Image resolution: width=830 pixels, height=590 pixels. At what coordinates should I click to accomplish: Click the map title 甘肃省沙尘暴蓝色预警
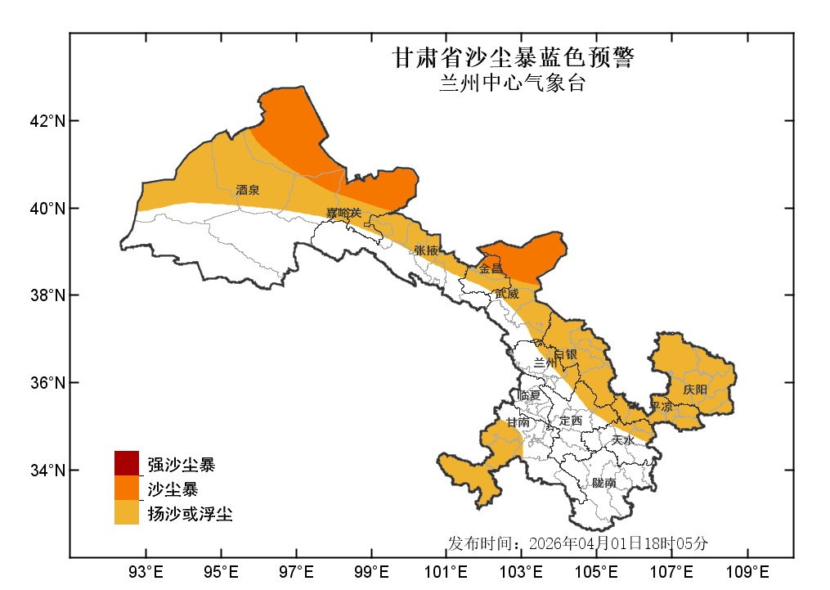point(513,58)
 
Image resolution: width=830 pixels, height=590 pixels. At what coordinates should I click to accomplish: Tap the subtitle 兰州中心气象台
point(513,83)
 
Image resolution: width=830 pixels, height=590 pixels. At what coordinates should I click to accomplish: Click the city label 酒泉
point(248,190)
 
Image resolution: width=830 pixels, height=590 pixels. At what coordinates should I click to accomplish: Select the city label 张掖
point(426,250)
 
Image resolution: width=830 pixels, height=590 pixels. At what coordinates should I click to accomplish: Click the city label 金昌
point(491,268)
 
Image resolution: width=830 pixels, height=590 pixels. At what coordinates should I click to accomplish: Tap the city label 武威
point(507,293)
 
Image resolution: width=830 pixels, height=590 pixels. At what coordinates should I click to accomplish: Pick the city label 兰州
point(545,363)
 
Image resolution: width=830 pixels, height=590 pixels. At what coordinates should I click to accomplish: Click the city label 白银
point(566,355)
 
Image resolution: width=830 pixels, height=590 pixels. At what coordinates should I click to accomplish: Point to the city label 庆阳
point(695,390)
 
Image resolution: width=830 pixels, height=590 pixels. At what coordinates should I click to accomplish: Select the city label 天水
point(623,440)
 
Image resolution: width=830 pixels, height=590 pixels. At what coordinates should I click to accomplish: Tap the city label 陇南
point(604,484)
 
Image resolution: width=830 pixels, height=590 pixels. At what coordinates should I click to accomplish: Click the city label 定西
point(570,421)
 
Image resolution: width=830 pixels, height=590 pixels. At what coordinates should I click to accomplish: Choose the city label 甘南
point(518,423)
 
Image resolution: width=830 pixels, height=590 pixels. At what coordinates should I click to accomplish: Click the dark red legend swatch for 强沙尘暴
point(127,463)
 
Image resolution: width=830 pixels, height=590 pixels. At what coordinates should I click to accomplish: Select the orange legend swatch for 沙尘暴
point(127,489)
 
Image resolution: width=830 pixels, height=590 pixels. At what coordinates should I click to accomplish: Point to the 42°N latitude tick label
point(47,121)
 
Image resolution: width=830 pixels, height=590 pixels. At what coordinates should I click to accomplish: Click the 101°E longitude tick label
point(447,570)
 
